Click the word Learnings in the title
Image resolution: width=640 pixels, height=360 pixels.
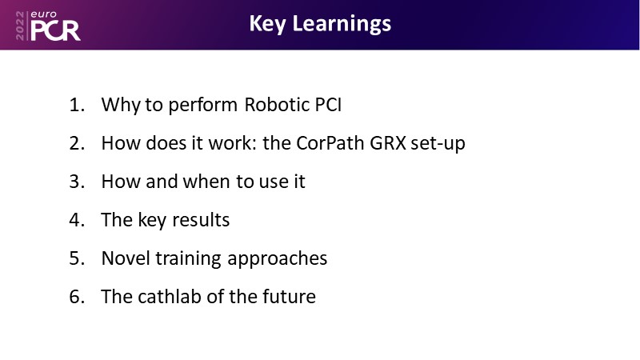click(x=342, y=25)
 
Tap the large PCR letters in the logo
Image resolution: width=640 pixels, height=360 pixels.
click(x=55, y=30)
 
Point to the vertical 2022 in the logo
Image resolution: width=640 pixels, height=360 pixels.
click(x=20, y=26)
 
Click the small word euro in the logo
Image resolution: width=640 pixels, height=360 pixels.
click(x=44, y=14)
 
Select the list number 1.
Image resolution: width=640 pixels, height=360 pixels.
click(x=77, y=105)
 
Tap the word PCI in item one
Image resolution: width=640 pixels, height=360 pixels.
click(x=328, y=105)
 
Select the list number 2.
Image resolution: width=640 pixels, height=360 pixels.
click(x=77, y=143)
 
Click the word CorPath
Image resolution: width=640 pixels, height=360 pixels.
click(x=330, y=143)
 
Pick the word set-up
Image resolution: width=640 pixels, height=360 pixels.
click(x=438, y=144)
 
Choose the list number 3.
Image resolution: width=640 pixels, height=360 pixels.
click(x=77, y=182)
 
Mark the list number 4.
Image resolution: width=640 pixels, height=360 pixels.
click(x=77, y=220)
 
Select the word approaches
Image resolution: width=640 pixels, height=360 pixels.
click(x=277, y=259)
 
